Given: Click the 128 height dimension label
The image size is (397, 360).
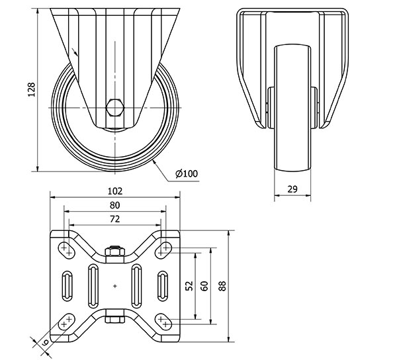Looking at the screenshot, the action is click(x=31, y=89).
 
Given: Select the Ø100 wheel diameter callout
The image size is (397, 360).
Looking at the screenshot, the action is click(x=187, y=173).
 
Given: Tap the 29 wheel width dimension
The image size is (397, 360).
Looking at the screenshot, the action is click(x=292, y=189).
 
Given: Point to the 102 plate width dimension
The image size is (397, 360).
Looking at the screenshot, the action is click(x=115, y=191).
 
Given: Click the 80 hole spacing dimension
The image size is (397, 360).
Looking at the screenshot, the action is click(x=114, y=205).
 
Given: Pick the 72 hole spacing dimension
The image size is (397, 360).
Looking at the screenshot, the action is click(x=114, y=219).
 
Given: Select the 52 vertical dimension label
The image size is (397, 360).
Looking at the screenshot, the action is click(x=189, y=286).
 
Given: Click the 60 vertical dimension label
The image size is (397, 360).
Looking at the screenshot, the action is click(x=204, y=286).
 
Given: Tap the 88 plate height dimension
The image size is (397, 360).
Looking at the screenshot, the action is click(x=222, y=286).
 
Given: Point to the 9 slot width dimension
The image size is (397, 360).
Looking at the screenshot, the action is click(x=45, y=343).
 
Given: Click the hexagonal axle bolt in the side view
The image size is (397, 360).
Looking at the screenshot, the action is click(x=115, y=108).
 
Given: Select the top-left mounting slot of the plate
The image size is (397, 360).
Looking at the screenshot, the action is click(x=67, y=250).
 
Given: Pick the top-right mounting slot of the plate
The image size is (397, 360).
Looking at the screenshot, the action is click(x=163, y=250).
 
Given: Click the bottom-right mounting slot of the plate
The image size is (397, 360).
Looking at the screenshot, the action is click(x=163, y=322).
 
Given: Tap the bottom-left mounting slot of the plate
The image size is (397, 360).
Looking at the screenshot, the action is click(x=67, y=322).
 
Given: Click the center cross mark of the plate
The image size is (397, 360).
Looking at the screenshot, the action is click(x=115, y=286).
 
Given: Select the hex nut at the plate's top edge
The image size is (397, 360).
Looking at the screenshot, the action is click(x=115, y=251).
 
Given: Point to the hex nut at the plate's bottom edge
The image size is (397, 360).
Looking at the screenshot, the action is click(x=115, y=320).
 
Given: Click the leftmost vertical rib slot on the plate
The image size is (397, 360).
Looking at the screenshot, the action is click(x=67, y=286).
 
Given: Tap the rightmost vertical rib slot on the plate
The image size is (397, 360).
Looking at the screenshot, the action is click(x=163, y=286).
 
